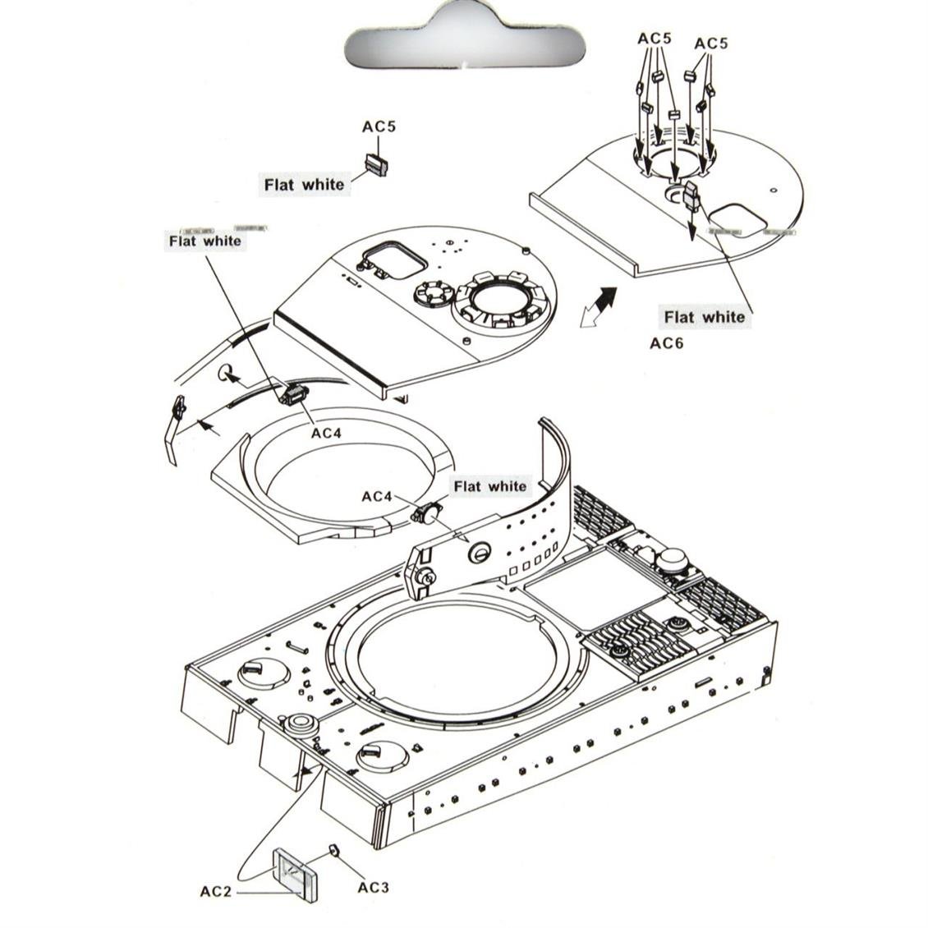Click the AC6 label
(x=666, y=343)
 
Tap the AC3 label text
(x=373, y=887)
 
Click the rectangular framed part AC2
(x=295, y=874)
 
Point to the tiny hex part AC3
(x=334, y=849)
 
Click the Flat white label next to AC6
(x=705, y=317)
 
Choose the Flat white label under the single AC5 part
(x=304, y=185)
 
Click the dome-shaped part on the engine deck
(x=670, y=559)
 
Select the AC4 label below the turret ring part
(x=325, y=433)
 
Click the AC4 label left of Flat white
(x=377, y=497)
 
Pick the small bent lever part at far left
(x=174, y=427)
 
